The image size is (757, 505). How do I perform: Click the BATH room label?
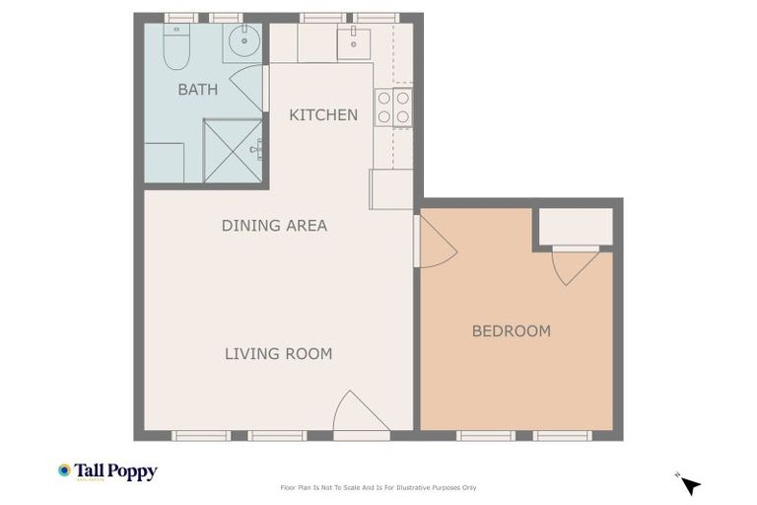(x=197, y=90)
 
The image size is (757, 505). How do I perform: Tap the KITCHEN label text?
(x=323, y=115)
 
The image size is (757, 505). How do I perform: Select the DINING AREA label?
(x=274, y=226)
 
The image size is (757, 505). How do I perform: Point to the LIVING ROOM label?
(x=278, y=354)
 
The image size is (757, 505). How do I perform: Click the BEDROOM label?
(x=511, y=331)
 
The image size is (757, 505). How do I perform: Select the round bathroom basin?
(x=243, y=42)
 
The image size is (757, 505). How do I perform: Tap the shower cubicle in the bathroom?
(x=233, y=151)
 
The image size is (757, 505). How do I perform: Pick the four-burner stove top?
(x=393, y=108)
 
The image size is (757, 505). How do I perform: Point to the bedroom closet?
(x=576, y=226)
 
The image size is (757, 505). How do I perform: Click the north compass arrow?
(x=690, y=484)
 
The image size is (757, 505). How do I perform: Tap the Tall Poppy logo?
(x=107, y=471)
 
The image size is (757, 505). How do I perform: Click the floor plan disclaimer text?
(x=378, y=487)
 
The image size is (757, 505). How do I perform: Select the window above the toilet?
(x=180, y=18)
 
